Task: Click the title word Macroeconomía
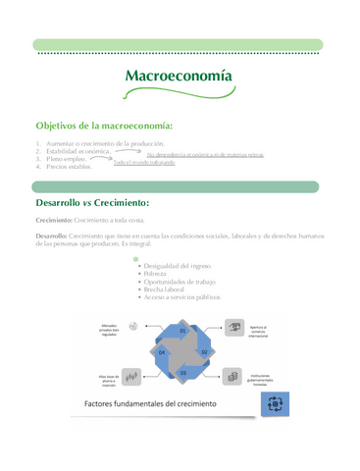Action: [180, 77]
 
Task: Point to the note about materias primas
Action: [205, 155]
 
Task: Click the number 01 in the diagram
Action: [181, 331]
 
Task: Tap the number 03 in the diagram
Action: [181, 373]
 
